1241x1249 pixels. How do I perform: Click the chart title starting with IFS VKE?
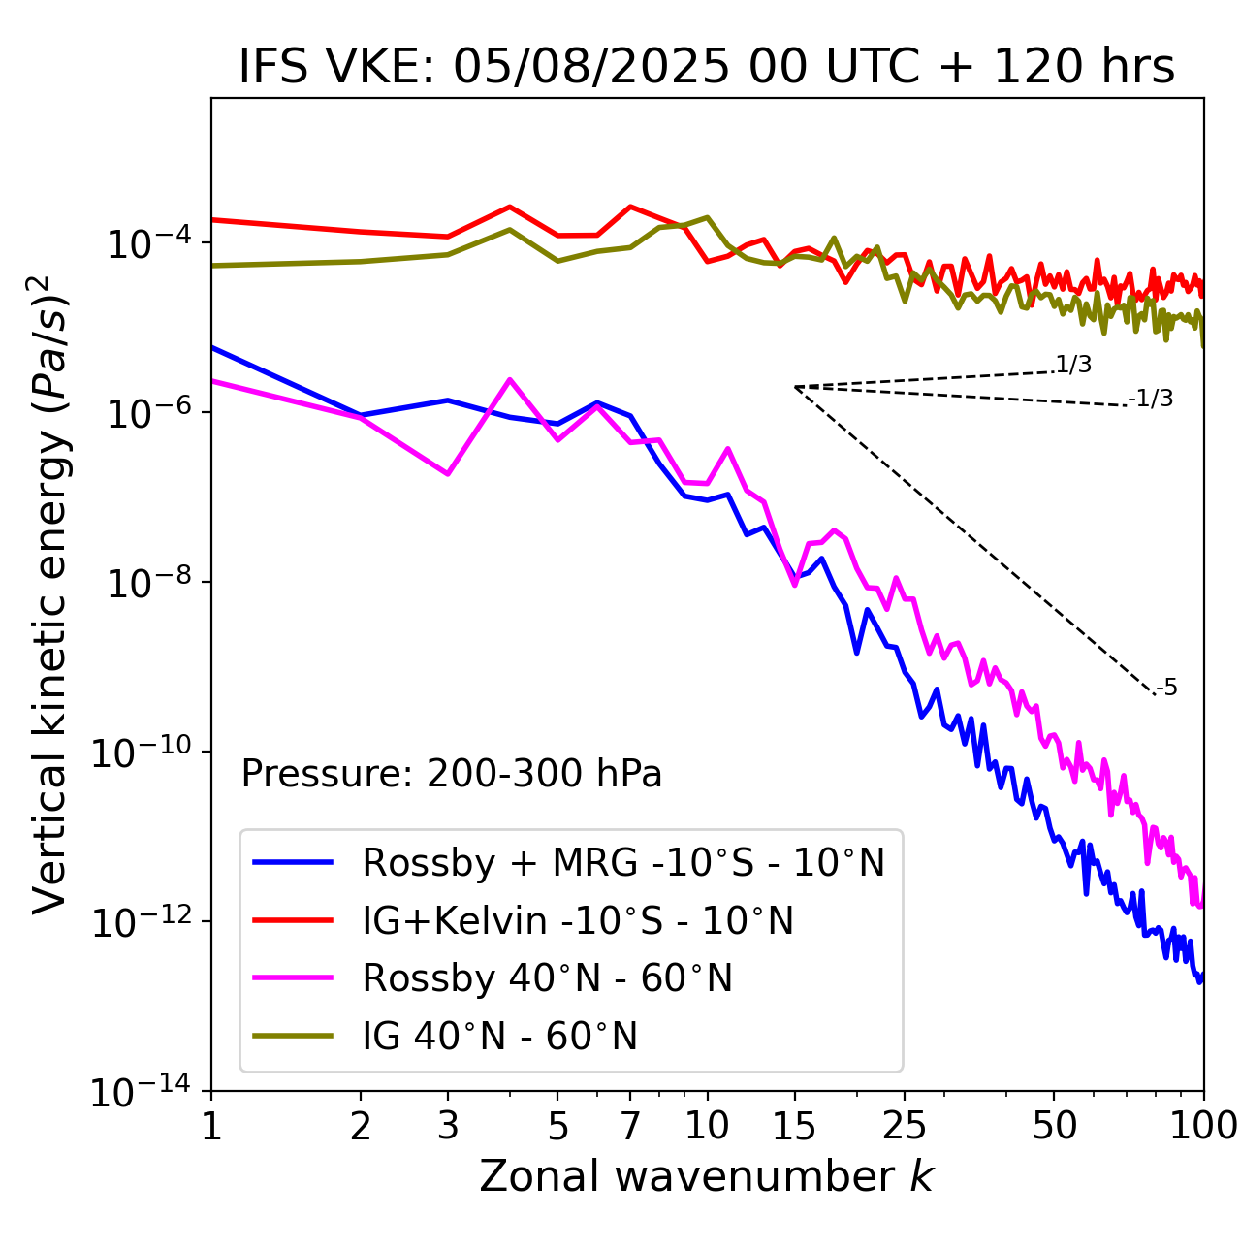707,68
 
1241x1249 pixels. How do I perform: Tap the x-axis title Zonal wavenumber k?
707,1175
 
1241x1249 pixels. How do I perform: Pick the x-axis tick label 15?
795,1125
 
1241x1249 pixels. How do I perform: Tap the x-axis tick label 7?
630,1125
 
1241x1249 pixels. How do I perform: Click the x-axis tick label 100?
1203,1125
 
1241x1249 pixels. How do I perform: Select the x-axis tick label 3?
448,1125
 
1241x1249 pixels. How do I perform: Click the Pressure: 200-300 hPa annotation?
452,774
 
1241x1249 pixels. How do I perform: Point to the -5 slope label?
1166,688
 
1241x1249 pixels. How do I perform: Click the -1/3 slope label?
1151,398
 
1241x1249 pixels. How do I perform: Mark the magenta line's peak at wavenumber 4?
510,379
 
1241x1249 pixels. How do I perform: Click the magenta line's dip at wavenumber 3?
448,474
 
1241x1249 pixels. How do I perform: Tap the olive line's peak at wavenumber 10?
707,217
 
